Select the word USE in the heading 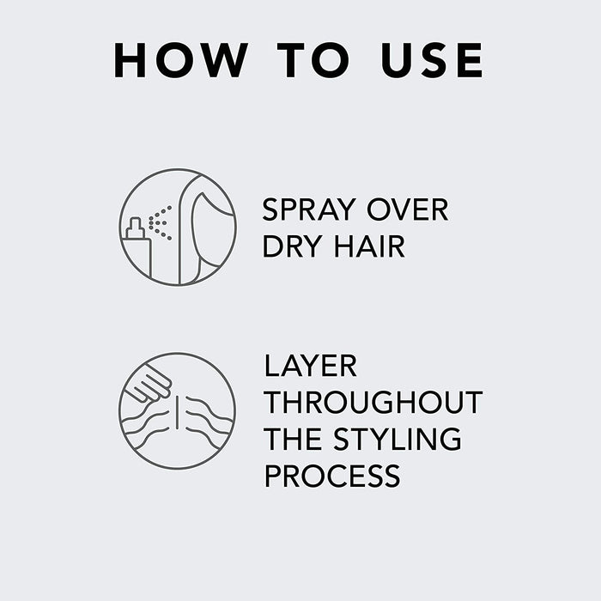[432, 60]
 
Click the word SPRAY [309, 209]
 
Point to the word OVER [408, 209]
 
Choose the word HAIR [369, 246]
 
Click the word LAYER [311, 366]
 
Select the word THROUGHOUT [373, 403]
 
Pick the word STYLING [398, 440]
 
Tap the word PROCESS [332, 476]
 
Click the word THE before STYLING [293, 440]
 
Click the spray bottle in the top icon [137, 248]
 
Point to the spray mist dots [161, 222]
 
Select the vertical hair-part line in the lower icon [177, 413]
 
